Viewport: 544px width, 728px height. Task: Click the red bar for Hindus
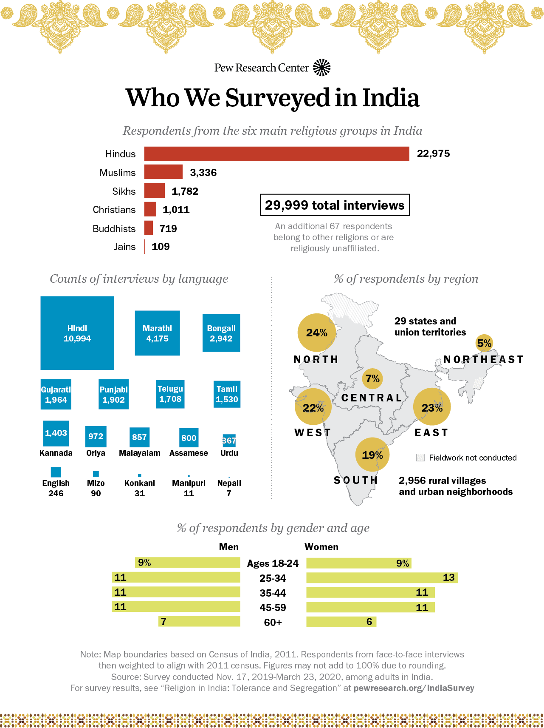276,154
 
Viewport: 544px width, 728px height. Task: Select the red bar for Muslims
163,172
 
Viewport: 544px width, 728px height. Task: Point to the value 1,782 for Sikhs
185,191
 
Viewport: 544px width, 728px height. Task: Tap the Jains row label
124,247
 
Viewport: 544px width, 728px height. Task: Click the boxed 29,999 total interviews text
335,205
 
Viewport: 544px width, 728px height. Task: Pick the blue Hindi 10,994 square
77,333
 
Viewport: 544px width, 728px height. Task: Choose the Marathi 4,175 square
157,333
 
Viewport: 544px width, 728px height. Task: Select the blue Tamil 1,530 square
227,394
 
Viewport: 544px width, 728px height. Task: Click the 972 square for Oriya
96,437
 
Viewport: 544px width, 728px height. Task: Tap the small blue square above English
56,472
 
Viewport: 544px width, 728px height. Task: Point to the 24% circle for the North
316,333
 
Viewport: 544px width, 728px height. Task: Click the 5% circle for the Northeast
484,343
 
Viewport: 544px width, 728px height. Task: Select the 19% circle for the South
372,455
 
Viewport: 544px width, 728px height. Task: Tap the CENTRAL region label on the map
372,398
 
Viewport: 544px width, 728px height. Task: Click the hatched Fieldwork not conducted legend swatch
420,458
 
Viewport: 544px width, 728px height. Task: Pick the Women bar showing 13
382,577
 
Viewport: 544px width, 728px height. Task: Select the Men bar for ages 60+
199,621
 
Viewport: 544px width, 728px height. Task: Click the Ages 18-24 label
273,563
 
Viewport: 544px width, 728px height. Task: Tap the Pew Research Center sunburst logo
322,68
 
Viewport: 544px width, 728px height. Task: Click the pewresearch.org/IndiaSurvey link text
414,688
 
